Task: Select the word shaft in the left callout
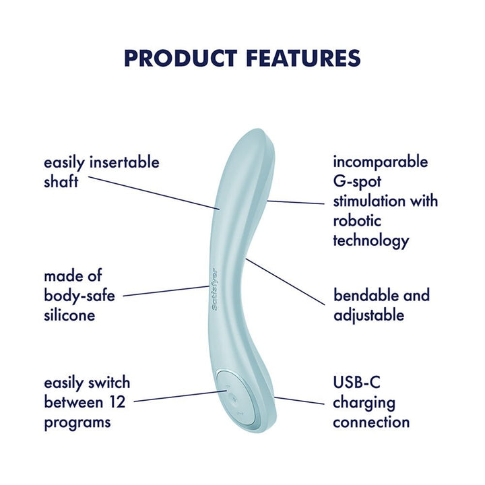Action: coord(61,182)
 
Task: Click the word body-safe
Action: coord(78,296)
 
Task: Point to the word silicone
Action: coord(69,315)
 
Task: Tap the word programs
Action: coord(77,423)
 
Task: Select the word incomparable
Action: coord(381,162)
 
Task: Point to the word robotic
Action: coord(358,221)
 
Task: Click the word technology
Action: coord(371,240)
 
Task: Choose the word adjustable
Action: coord(368,315)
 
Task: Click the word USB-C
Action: coord(356,383)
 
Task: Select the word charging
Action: coord(364,403)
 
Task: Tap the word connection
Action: coord(371,422)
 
